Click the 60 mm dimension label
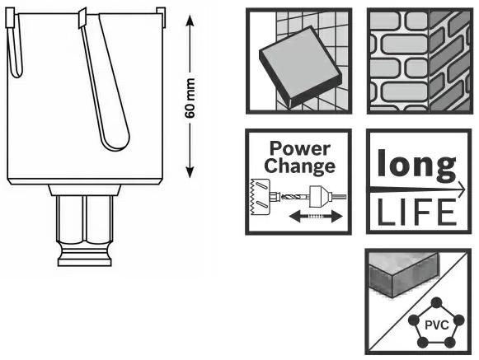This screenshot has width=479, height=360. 190,98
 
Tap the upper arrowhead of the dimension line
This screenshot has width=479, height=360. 190,21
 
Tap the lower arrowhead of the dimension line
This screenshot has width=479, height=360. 190,172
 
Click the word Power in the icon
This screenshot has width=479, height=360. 299,149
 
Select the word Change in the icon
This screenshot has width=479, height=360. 299,166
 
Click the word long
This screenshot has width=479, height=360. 417,166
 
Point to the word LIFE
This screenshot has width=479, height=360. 417,212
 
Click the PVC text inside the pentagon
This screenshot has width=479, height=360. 437,325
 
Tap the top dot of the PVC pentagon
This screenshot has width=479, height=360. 437,303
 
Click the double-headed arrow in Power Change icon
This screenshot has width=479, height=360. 316,217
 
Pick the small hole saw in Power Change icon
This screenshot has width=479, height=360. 260,197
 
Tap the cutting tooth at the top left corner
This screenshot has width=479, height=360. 11,17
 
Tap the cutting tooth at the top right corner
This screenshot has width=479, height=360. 161,17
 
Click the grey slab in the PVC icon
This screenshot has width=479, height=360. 403,274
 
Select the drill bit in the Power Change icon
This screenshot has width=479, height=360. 296,197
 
